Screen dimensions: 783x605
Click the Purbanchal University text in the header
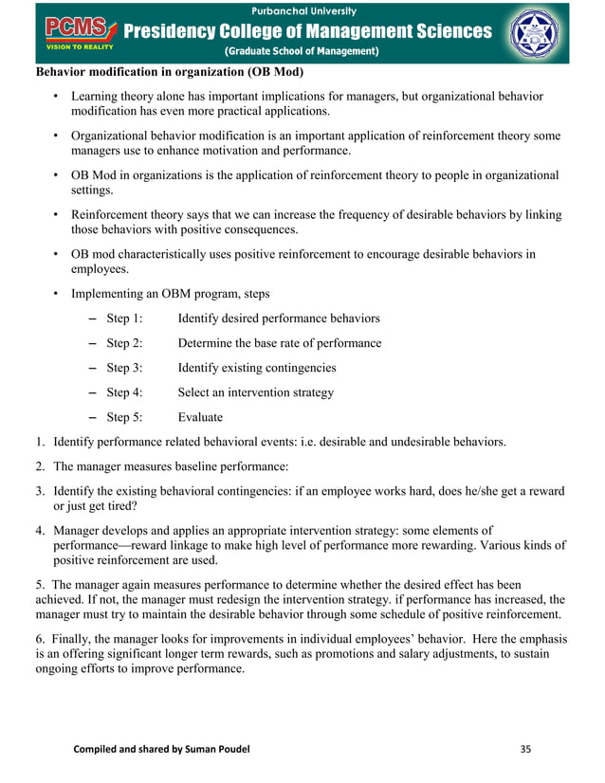[x=311, y=10]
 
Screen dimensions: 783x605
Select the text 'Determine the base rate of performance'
[x=280, y=343]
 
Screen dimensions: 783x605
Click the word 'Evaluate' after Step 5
[x=200, y=417]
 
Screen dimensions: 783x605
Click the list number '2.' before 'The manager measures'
[x=42, y=466]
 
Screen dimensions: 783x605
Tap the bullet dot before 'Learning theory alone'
[x=56, y=97]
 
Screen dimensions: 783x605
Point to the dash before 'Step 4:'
[x=92, y=392]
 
